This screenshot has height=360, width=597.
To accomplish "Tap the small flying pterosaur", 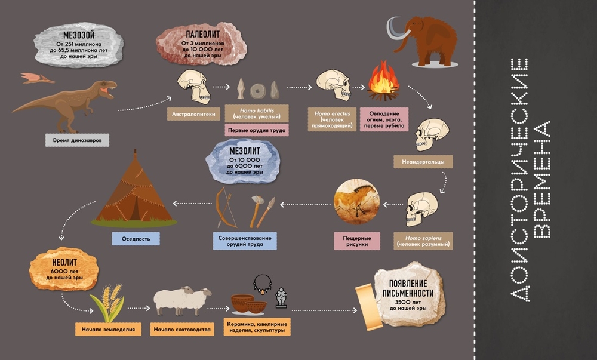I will coord(36,78).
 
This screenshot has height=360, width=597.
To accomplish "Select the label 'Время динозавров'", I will coord(77,141).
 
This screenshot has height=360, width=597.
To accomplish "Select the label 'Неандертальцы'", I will coord(423,161).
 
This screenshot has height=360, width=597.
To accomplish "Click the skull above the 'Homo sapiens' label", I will coord(423,208).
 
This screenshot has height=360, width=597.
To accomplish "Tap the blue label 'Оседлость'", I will coord(136,239).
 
